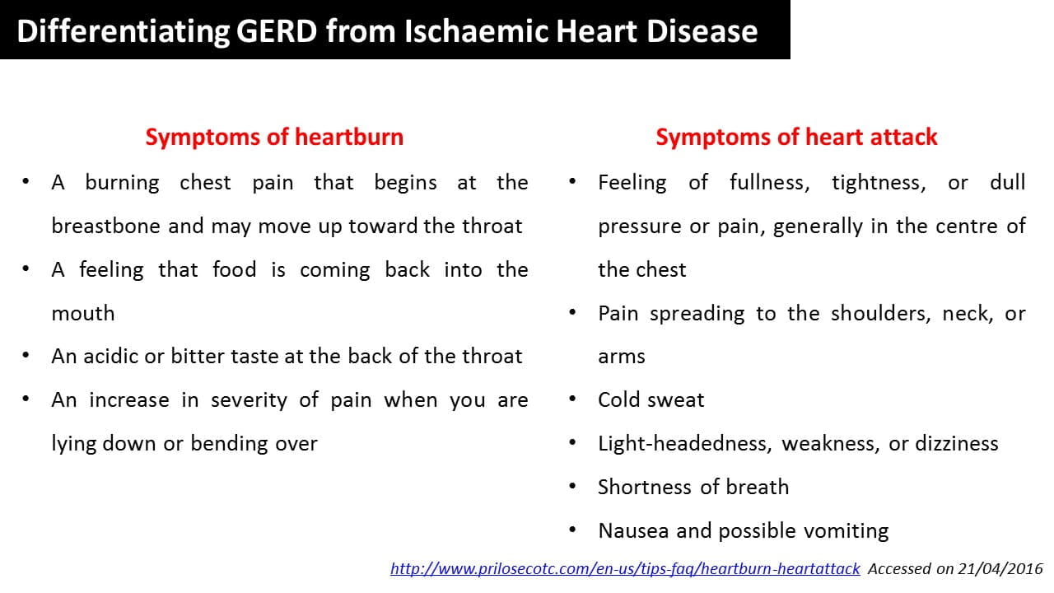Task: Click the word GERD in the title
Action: [x=276, y=31]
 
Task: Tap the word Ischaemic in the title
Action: [x=476, y=31]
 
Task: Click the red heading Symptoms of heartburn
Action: [x=274, y=138]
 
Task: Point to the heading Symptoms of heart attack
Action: [x=796, y=138]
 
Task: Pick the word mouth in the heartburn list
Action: [x=83, y=314]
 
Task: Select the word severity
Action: [x=249, y=401]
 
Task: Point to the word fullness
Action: [x=769, y=183]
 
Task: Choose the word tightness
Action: [x=879, y=184]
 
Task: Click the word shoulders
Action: [x=881, y=314]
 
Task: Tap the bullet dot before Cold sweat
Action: [x=572, y=399]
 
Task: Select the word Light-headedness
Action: [x=684, y=444]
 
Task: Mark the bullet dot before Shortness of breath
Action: [x=572, y=487]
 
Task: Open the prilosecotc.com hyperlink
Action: [x=625, y=569]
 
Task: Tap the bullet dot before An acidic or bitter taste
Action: [x=26, y=356]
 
